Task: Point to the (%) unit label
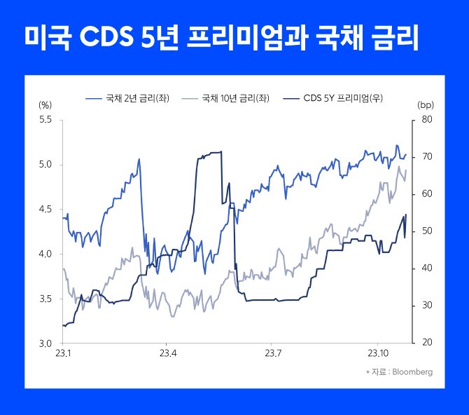(x=45, y=104)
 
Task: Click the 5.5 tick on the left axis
(x=45, y=120)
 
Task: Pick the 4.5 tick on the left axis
(x=45, y=209)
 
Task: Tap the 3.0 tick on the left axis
(x=45, y=343)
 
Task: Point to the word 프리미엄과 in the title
(x=249, y=38)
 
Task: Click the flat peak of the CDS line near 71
(x=210, y=152)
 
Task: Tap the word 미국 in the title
(x=46, y=38)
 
